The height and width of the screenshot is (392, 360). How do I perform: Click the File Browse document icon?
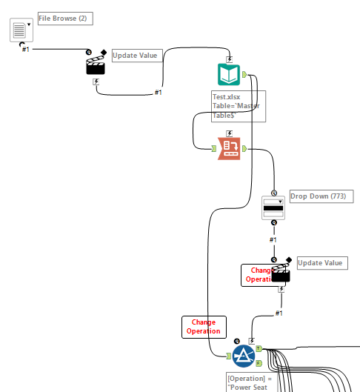coord(19,31)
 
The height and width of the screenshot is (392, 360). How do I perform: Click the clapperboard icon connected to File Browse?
coord(96,65)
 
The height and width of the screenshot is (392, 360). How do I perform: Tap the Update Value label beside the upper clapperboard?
coord(136,56)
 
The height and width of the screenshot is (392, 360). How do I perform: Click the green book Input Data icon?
coord(229,75)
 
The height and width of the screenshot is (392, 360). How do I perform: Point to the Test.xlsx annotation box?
coord(237,106)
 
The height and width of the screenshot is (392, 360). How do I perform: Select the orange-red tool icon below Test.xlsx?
coord(229,149)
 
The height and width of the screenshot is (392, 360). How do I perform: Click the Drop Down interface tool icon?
coord(273,208)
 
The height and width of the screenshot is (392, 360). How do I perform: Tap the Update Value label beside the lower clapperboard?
coord(321,263)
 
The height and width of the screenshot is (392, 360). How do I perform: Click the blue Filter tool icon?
coord(243,356)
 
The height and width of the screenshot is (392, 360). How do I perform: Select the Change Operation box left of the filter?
coord(203,327)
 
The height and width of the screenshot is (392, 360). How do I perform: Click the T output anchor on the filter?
coord(258,348)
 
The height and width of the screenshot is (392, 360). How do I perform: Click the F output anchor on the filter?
coord(258,363)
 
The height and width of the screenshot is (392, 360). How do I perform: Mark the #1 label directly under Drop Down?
coord(273,239)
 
